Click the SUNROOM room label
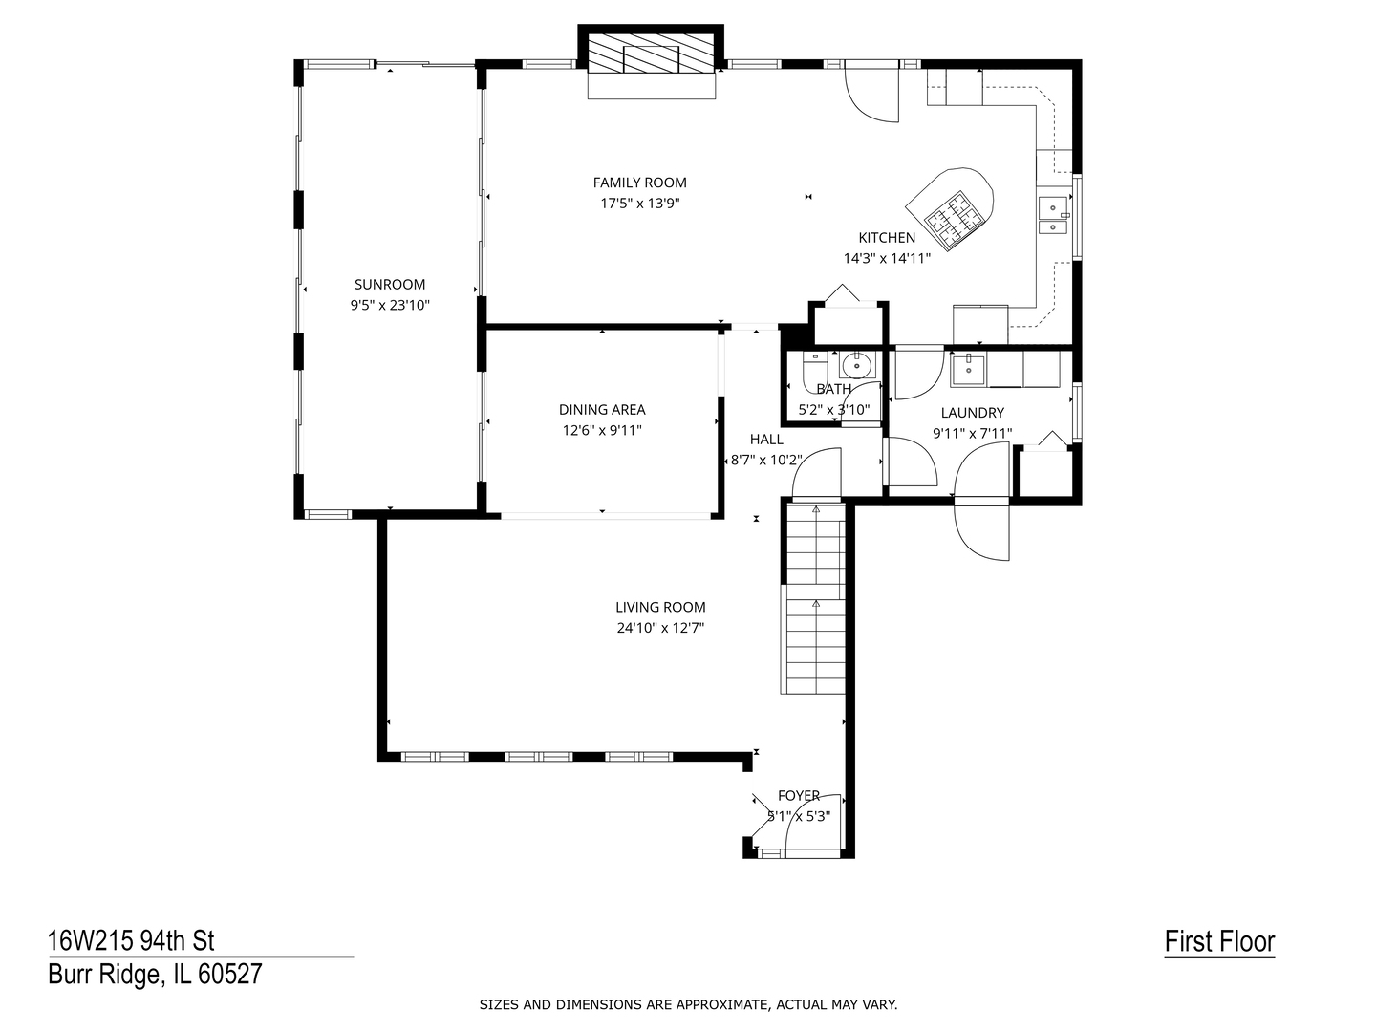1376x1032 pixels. pos(389,285)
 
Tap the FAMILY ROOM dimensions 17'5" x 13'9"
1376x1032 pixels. pos(640,204)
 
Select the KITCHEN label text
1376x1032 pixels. pos(887,238)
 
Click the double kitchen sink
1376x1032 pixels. pos(1053,216)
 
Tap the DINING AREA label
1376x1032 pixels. pos(602,410)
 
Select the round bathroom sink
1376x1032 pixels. pos(855,365)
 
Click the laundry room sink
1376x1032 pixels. pos(969,370)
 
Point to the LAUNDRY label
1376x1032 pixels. pos(973,413)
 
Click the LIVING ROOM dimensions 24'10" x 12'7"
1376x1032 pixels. pos(660,628)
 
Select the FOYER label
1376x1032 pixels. pos(799,796)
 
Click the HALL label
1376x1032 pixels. pos(766,440)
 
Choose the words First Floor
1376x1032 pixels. pos(1219,942)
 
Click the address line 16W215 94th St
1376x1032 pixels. pos(131,941)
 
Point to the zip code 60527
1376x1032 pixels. pos(230,975)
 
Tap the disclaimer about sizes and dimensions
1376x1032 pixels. pos(688,1005)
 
